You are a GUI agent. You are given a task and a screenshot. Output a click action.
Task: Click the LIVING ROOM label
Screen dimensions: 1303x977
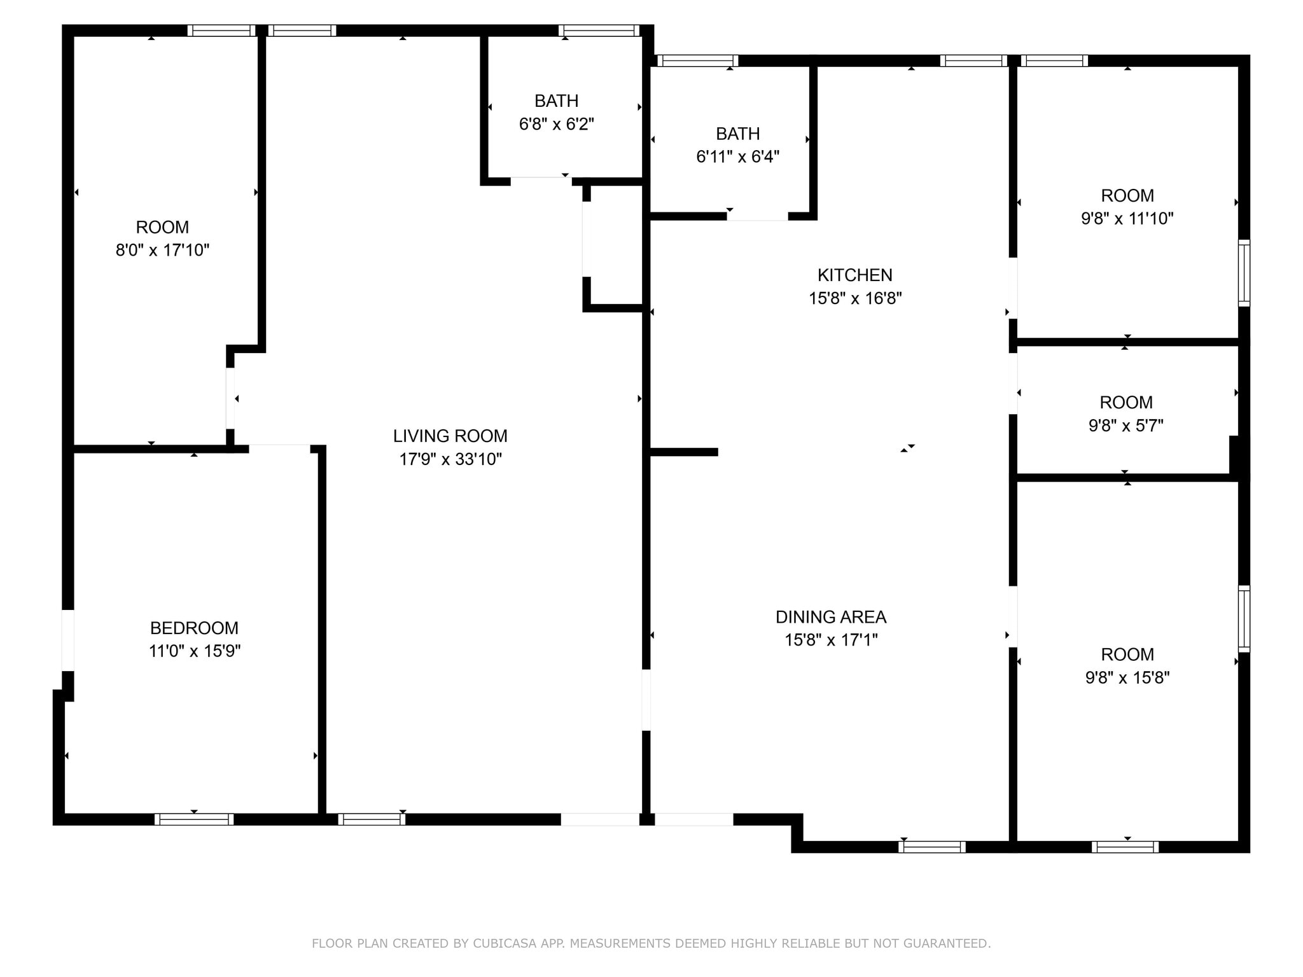tap(450, 436)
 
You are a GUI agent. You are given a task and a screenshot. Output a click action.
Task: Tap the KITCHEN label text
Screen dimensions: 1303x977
tap(855, 275)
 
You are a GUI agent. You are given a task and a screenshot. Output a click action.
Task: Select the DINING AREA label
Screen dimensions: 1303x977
tap(831, 616)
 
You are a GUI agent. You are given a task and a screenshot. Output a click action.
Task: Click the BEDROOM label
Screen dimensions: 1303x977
tap(194, 628)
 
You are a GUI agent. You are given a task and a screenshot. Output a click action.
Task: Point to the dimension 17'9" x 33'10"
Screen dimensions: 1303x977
tap(450, 459)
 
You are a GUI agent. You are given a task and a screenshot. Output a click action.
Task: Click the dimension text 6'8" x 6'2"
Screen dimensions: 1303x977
tap(557, 124)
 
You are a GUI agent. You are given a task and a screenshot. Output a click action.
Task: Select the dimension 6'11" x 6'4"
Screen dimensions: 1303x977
tap(738, 156)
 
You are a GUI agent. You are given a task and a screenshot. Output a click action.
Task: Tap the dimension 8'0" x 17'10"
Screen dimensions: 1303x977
tap(162, 250)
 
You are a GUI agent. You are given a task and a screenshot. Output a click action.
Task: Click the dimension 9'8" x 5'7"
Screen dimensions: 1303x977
tap(1126, 426)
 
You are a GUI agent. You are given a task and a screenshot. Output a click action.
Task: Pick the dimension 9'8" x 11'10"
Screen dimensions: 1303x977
tap(1127, 218)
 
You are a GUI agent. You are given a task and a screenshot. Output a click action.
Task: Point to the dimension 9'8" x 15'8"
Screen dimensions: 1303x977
tap(1127, 677)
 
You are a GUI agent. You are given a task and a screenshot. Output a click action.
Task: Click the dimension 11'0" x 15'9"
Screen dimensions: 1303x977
tap(195, 651)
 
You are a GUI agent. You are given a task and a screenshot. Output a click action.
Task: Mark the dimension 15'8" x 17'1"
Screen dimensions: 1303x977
tap(831, 639)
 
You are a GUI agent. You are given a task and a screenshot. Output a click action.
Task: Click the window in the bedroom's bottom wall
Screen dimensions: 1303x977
tap(194, 819)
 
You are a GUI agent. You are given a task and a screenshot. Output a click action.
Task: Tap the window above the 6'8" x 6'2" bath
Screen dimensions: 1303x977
tap(599, 31)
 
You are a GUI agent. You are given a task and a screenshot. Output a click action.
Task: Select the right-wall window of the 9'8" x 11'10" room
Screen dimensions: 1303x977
tap(1244, 273)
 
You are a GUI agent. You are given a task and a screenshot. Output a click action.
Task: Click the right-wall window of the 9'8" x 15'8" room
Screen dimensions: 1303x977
tap(1244, 619)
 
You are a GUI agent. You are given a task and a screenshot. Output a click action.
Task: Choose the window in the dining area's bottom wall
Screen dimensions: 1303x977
tap(932, 847)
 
